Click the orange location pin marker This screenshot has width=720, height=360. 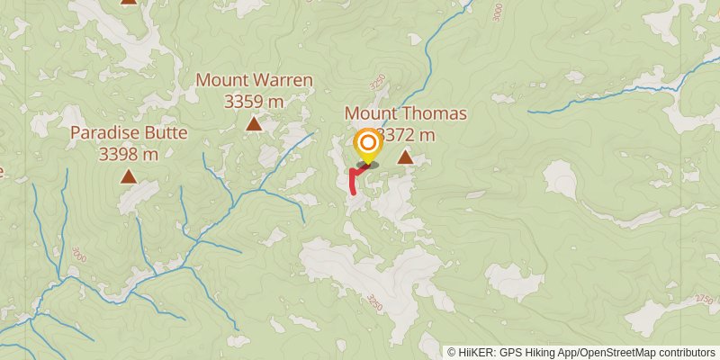367,144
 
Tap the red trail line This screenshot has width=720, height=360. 353,180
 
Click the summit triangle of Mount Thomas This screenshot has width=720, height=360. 406,158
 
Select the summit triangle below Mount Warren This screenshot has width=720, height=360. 255,124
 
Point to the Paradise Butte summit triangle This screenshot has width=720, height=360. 130,177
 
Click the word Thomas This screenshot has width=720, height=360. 438,113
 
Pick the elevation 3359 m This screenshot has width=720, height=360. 255,101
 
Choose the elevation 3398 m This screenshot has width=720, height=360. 130,154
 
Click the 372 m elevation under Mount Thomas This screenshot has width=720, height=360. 409,135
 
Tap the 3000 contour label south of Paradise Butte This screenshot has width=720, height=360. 79,253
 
